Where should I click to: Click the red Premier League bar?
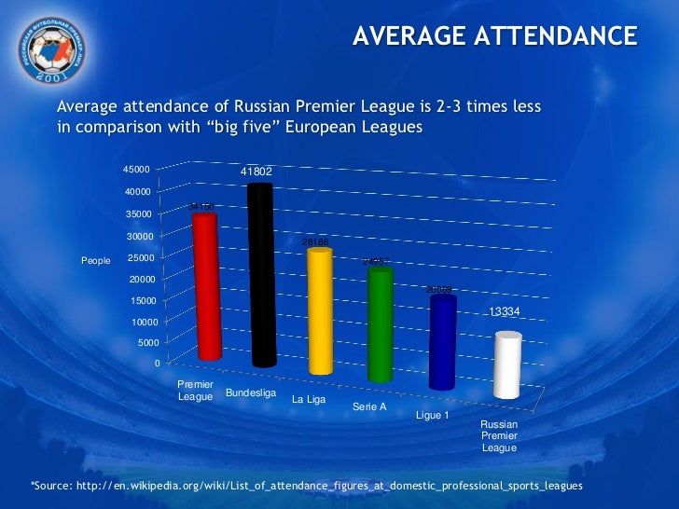click(207, 287)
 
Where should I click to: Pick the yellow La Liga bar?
click(320, 311)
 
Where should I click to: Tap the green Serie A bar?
click(380, 325)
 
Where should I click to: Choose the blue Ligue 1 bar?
click(442, 342)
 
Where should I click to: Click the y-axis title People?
click(96, 261)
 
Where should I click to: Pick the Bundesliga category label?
click(251, 393)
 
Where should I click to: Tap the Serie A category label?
click(369, 407)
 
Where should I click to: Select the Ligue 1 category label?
click(432, 415)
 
